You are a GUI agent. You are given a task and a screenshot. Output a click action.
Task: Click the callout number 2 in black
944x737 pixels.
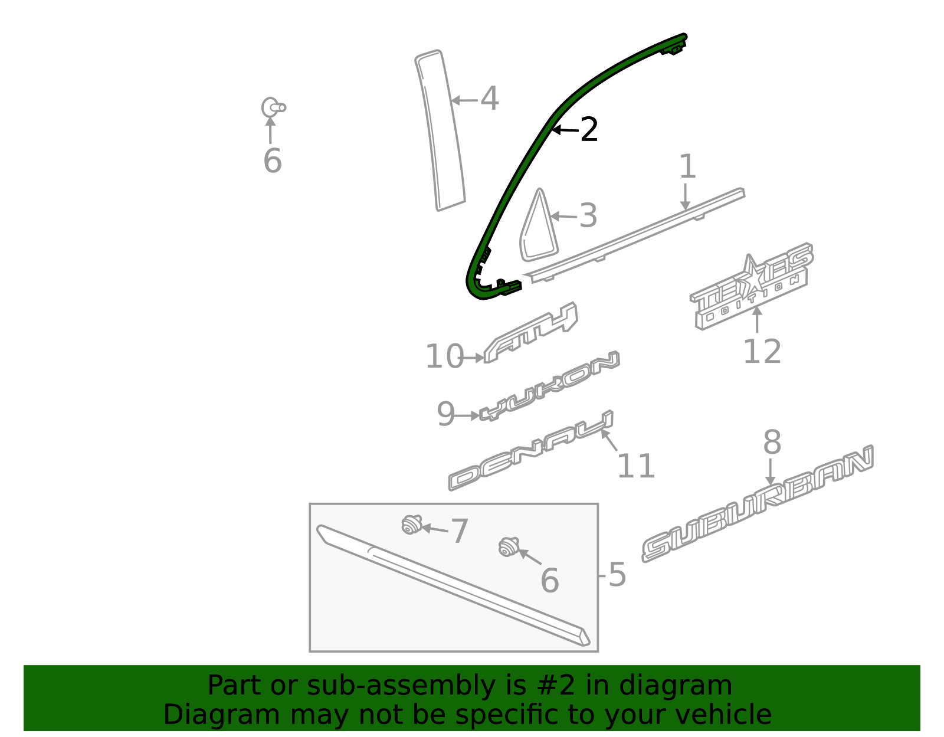(589, 130)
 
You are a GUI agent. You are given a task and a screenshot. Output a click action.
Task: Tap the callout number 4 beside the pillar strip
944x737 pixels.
(489, 99)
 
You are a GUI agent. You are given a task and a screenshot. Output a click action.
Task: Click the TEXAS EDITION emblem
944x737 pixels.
(750, 287)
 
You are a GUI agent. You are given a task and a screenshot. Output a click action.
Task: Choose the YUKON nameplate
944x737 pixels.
(549, 387)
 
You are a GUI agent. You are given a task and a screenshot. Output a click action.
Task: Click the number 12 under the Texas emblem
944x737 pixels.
(762, 352)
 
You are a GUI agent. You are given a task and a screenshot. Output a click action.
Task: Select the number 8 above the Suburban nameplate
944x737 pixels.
(772, 443)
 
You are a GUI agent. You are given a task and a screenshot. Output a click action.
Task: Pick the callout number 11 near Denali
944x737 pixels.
(635, 467)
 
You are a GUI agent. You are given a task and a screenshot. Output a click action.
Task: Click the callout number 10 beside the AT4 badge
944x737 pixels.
(444, 357)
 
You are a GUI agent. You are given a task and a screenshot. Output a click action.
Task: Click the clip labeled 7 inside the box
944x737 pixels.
(411, 524)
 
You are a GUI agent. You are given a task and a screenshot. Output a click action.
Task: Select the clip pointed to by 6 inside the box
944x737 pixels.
(507, 546)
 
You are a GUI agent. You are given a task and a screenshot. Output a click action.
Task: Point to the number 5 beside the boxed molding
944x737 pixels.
(617, 575)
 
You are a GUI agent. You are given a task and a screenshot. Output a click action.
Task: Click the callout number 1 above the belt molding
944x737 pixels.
(687, 168)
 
